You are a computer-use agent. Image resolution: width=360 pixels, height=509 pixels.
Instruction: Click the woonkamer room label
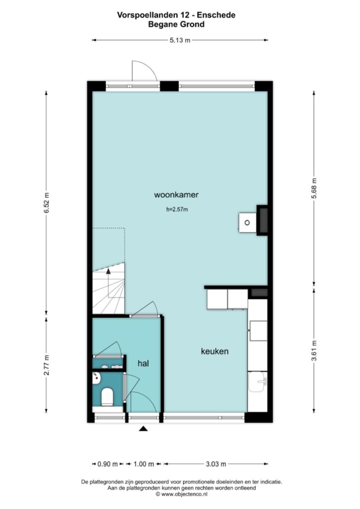(176, 195)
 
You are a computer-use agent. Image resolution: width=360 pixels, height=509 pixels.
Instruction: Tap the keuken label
(215, 351)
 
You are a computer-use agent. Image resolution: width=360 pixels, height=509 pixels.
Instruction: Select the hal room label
(143, 363)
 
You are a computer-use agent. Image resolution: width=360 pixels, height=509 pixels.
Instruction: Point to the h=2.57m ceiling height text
(177, 210)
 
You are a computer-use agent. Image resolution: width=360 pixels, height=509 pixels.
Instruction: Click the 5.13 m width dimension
(180, 40)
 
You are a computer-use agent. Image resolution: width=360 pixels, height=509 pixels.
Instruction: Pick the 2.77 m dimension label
(47, 365)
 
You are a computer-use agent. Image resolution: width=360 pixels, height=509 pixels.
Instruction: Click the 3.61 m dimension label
(314, 350)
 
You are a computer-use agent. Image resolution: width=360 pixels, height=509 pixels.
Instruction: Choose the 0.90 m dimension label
(107, 464)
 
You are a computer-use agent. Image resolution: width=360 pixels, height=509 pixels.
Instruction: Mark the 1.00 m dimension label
(144, 464)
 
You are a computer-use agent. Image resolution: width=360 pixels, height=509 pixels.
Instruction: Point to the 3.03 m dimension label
(216, 464)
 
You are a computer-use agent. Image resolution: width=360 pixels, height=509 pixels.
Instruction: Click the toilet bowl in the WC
(107, 397)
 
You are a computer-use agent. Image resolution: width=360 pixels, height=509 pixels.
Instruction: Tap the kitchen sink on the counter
(258, 382)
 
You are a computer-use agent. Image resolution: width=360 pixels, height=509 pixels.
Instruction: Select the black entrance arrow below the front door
(143, 429)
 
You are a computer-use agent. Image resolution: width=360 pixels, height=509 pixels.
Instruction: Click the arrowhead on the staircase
(108, 271)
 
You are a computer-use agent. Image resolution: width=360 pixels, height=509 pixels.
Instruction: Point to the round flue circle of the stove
(247, 223)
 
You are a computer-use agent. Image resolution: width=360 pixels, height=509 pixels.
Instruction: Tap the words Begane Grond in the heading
(177, 24)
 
